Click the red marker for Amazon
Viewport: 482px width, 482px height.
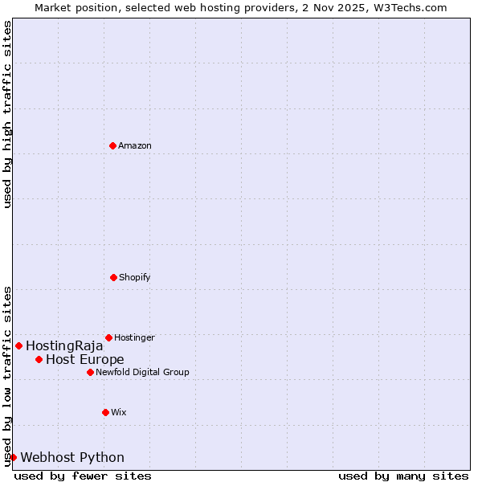click(x=112, y=145)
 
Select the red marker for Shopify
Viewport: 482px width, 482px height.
click(x=113, y=277)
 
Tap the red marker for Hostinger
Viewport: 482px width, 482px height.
click(x=108, y=337)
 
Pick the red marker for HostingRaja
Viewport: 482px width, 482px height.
click(x=18, y=345)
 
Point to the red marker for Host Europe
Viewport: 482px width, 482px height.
click(x=39, y=359)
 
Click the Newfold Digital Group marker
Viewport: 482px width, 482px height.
click(x=90, y=372)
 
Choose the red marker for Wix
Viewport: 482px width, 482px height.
click(x=105, y=412)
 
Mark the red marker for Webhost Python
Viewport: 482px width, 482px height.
click(x=13, y=457)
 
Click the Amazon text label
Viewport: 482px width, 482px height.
click(x=135, y=145)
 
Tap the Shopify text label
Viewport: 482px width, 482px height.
click(x=135, y=277)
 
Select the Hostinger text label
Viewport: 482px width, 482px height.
click(x=134, y=337)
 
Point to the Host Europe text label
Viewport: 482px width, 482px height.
click(x=85, y=360)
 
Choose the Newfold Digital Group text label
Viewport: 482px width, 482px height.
click(x=142, y=372)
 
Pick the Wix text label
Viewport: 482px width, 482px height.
click(x=119, y=412)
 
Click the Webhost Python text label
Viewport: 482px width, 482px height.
click(x=72, y=458)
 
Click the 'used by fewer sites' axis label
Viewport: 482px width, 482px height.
click(x=83, y=476)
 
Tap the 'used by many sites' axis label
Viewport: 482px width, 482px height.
click(x=403, y=476)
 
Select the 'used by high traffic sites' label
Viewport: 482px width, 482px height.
click(x=8, y=114)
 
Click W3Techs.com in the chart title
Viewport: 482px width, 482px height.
click(x=408, y=7)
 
